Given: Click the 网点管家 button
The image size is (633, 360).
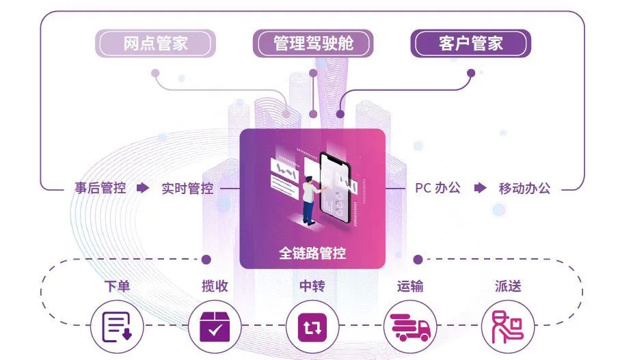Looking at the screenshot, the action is point(155,44).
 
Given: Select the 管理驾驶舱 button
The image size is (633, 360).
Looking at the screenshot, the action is point(314,44).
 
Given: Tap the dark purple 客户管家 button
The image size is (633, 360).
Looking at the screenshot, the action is point(470,44).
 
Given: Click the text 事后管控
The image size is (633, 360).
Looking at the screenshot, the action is point(100,188).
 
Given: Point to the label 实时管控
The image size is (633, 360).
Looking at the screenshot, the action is point(187,188).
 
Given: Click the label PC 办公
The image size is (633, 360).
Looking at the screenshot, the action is point(437,188).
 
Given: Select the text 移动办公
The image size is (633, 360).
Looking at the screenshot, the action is point(524,188).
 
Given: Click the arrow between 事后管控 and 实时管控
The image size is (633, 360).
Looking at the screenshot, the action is point(142,188).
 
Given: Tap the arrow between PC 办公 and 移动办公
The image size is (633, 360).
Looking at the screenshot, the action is point(481,188).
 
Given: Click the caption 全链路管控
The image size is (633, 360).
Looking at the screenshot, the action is point(312,253).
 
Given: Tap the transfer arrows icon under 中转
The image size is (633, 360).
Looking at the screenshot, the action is point(312,327).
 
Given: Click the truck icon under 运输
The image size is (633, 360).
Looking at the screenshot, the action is point(411,327).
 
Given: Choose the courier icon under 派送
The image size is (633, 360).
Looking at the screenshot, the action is point(508,327).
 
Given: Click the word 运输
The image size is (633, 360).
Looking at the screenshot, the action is point(410,286).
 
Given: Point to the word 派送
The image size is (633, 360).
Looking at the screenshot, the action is point(508,286).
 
